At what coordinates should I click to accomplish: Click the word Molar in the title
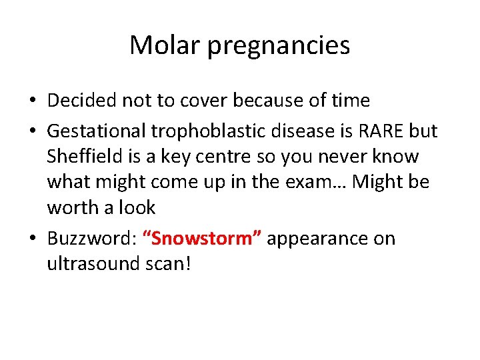pos(160,45)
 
